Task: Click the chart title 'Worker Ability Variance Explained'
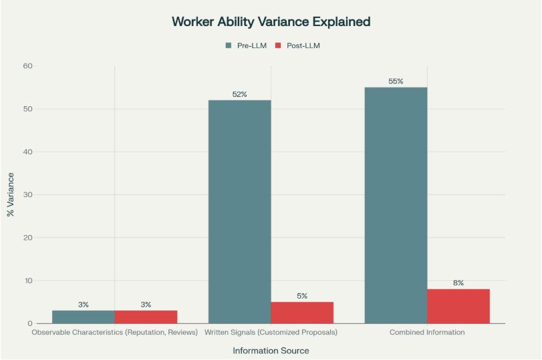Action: (271, 22)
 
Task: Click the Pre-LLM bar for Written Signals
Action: (239, 212)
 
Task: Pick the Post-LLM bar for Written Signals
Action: (302, 313)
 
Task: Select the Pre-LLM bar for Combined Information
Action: (396, 205)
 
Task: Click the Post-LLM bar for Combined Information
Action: (458, 306)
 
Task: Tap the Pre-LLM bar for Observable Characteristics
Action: (83, 317)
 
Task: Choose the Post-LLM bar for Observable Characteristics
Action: (146, 317)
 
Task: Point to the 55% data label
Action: (396, 81)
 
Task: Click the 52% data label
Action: (239, 94)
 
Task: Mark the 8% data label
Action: (458, 283)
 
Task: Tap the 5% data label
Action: (302, 296)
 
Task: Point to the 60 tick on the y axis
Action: (28, 66)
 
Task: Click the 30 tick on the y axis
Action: (28, 195)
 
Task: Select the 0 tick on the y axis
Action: (30, 323)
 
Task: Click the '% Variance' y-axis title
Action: (11, 194)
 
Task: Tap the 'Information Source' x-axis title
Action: (271, 350)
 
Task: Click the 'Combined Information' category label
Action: (427, 332)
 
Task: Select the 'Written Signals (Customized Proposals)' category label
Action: (271, 332)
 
